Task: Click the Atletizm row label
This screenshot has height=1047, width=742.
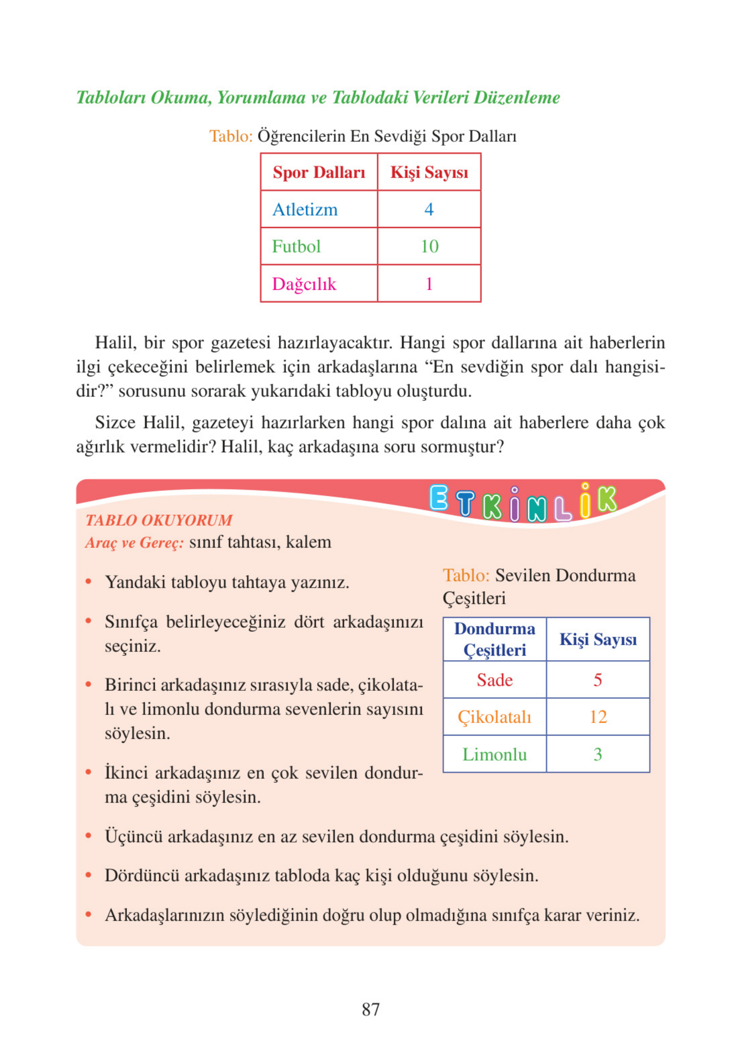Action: tap(305, 209)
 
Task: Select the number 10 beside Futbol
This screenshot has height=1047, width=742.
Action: tap(429, 247)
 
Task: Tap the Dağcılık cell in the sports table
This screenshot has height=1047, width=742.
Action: tap(304, 284)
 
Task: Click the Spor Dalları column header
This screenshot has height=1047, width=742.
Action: tap(319, 172)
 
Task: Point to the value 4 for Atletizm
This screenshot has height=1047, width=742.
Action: tap(428, 209)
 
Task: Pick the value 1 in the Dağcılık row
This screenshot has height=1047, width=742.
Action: tap(428, 284)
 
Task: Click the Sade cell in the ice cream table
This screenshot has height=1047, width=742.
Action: tap(494, 680)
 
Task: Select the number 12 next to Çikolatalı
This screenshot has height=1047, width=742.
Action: tap(598, 717)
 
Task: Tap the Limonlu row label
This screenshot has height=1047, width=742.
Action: tap(494, 754)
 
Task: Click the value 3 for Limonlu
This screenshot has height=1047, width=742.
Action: tap(598, 754)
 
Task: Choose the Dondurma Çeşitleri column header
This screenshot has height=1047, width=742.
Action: tap(494, 639)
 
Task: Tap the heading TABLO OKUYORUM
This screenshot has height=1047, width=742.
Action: tap(159, 520)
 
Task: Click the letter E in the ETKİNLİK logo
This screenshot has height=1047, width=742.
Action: tap(439, 498)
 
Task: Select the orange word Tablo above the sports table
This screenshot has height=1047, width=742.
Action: tap(231, 136)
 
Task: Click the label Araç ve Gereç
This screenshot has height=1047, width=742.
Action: tap(134, 542)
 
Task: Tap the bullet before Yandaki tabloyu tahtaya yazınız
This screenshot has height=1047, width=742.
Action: tap(89, 582)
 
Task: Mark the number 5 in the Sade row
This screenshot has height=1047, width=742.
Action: tap(598, 680)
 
